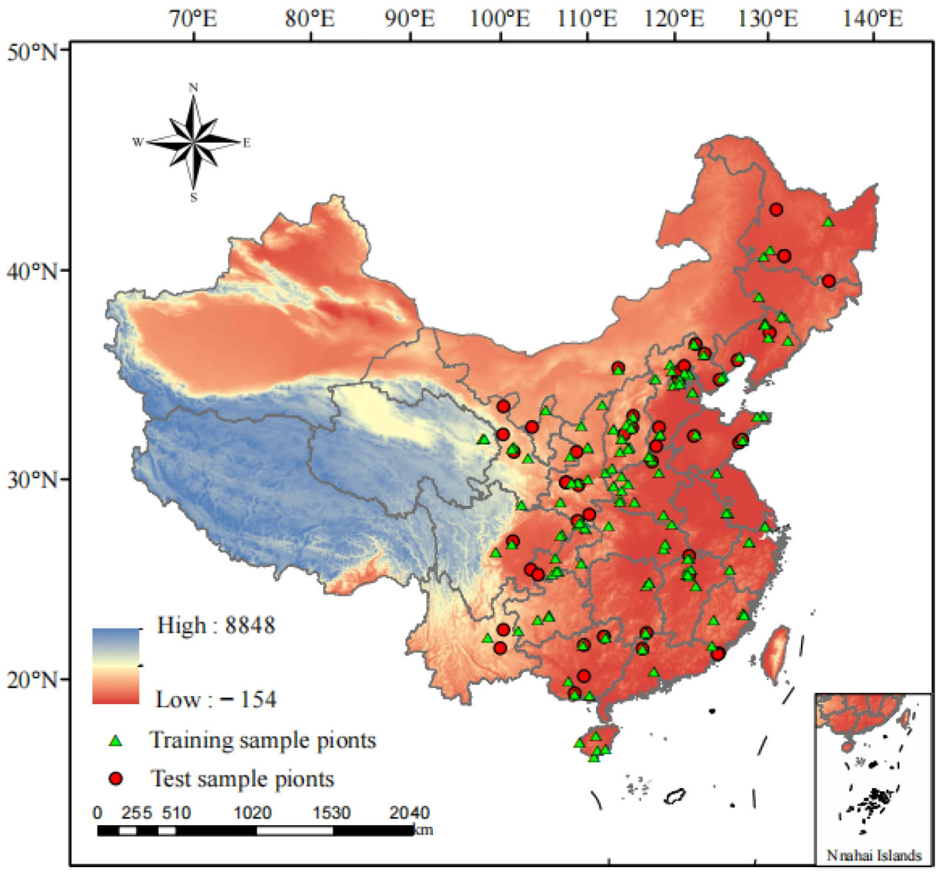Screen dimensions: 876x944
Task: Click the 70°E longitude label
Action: (193, 18)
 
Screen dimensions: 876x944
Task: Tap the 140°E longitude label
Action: (872, 18)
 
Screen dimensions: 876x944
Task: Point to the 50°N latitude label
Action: (32, 52)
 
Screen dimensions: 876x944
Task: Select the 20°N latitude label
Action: (32, 679)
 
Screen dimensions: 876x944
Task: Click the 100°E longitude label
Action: (500, 18)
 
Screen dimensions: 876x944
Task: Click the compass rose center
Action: (193, 141)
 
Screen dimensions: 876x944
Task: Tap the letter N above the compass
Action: (193, 88)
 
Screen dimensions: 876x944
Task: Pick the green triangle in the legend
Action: (115, 740)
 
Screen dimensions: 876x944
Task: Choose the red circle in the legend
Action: (115, 779)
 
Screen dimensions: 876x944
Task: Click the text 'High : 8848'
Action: (215, 626)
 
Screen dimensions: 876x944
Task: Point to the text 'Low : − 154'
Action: (215, 699)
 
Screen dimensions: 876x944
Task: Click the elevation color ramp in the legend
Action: (116, 666)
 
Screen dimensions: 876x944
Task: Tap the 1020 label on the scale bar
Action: (252, 813)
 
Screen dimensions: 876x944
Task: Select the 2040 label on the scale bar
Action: (409, 813)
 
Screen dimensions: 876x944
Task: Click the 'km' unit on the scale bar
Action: (423, 830)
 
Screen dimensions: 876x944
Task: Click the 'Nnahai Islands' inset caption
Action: (874, 855)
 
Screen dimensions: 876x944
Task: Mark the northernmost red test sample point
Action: (776, 209)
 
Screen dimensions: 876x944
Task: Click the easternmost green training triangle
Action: (828, 222)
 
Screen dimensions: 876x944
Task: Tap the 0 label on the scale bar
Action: (97, 813)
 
